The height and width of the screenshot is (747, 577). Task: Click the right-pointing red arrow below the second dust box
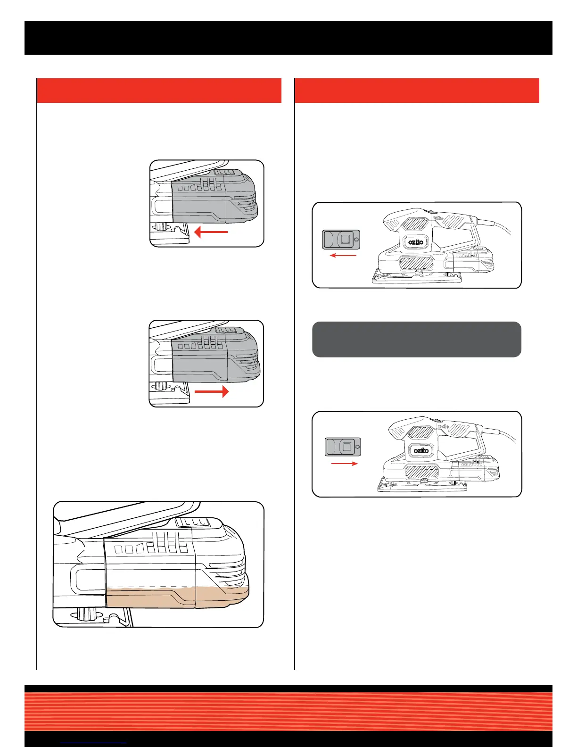click(212, 391)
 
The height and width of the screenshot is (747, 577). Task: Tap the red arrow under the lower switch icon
click(345, 464)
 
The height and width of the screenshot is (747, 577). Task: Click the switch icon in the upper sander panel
click(341, 239)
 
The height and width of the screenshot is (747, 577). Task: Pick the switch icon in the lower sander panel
click(343, 447)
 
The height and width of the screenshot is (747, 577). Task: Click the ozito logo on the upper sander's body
click(416, 242)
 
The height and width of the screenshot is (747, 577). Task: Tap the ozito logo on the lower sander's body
click(421, 450)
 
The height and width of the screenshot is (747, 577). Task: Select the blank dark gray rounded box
click(416, 340)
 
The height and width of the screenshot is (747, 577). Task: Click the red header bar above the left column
click(159, 91)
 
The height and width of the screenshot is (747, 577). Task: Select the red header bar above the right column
click(417, 91)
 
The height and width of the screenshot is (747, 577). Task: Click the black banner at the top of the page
click(288, 38)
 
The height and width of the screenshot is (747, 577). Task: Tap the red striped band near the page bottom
click(288, 711)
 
